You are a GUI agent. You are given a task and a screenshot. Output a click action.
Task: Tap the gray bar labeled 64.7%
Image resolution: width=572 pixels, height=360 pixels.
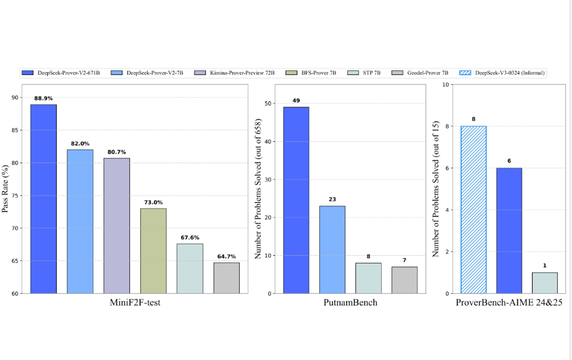pos(226,278)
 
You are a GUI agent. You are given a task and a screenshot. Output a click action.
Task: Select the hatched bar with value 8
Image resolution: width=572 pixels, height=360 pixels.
pos(474,209)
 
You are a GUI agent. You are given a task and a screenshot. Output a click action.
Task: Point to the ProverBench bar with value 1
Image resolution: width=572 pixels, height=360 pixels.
pos(545,283)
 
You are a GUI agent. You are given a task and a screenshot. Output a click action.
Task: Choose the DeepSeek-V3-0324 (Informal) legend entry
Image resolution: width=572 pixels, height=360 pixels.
pos(502,73)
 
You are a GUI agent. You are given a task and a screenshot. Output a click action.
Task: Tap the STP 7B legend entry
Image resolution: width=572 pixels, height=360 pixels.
pos(368,73)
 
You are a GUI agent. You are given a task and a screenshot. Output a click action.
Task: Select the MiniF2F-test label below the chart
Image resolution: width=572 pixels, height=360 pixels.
pos(135,303)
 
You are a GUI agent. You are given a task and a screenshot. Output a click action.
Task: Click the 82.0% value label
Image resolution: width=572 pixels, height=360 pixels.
pos(80,144)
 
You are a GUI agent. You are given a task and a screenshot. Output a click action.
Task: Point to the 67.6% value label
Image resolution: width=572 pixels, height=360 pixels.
pos(189,238)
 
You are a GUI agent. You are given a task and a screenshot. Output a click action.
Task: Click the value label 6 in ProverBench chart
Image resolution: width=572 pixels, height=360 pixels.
pos(509,162)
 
